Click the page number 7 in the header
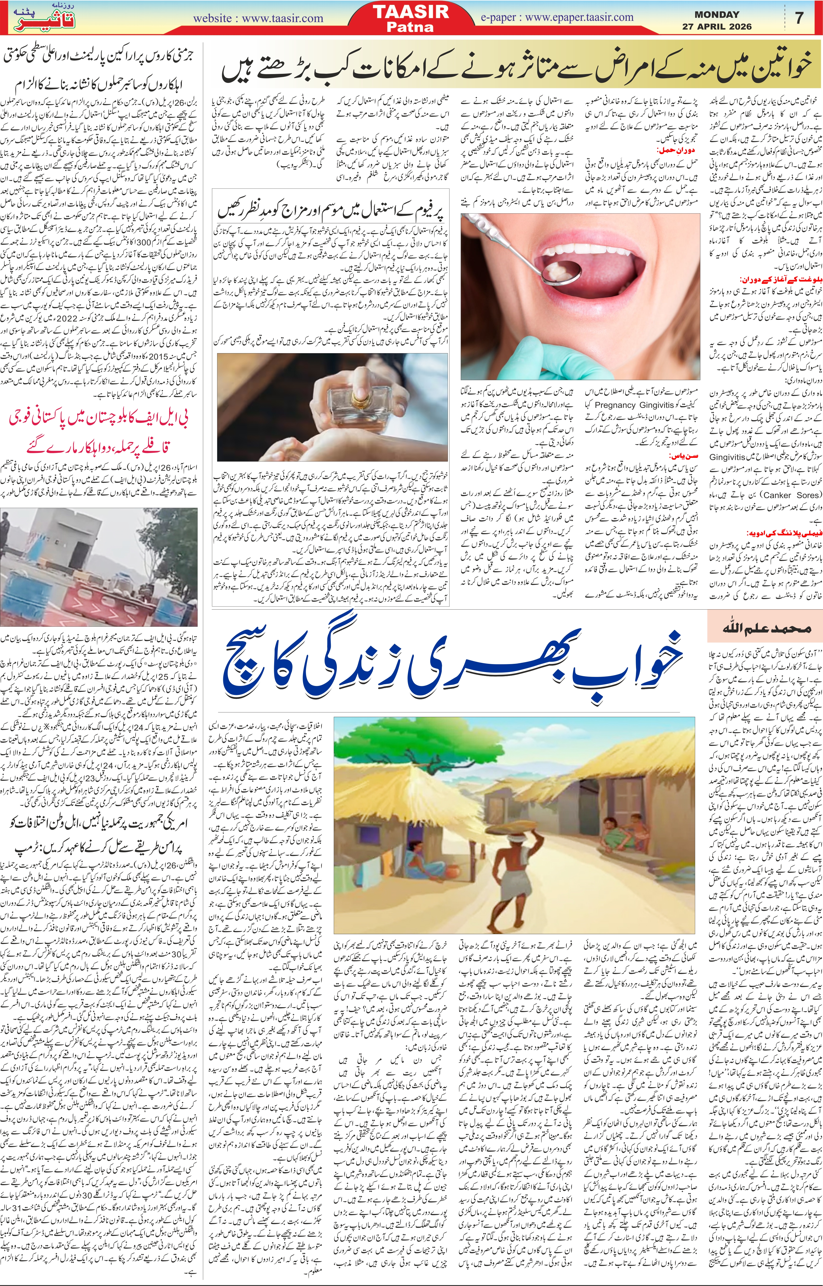point(800,18)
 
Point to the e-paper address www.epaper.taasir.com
point(579,17)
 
